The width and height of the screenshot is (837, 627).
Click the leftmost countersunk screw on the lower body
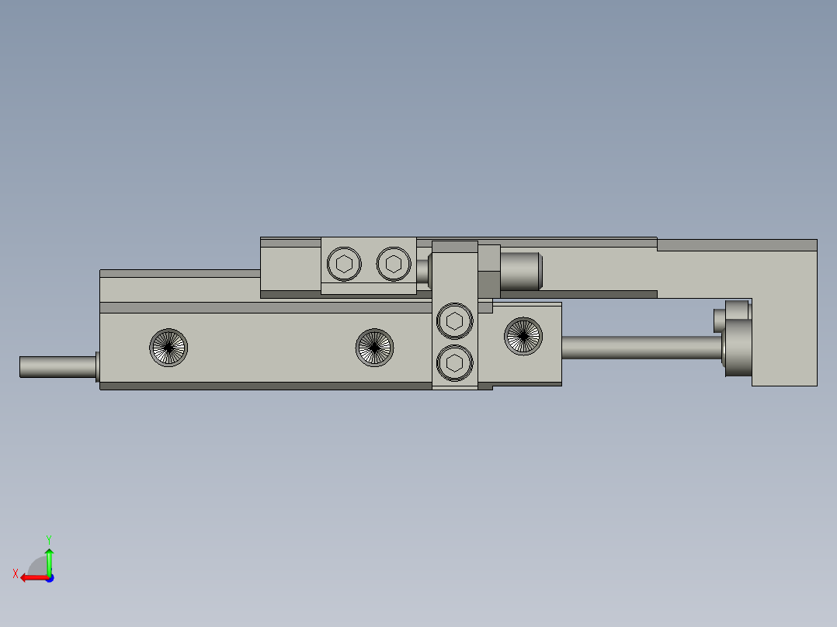pos(168,347)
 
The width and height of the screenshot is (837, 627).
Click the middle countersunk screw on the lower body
pos(374,347)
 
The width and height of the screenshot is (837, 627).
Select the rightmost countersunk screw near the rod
pos(523,336)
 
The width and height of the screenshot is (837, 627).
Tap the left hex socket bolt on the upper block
pos(344,264)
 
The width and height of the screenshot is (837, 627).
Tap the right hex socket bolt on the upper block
pos(394,264)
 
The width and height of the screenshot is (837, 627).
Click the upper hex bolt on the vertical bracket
pos(455,320)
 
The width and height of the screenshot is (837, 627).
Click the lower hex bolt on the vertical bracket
pos(455,362)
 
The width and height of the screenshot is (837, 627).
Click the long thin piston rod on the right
pos(641,347)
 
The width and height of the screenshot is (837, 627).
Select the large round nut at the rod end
pos(738,348)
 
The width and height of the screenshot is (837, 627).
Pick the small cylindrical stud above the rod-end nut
pos(721,318)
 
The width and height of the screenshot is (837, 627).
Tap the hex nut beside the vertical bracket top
pos(489,270)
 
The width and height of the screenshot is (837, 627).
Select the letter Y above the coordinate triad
pos(48,539)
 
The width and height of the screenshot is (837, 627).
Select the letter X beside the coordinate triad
pos(15,573)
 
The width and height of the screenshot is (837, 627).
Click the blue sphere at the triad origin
pos(49,578)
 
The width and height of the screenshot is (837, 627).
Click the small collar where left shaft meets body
pos(97,367)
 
